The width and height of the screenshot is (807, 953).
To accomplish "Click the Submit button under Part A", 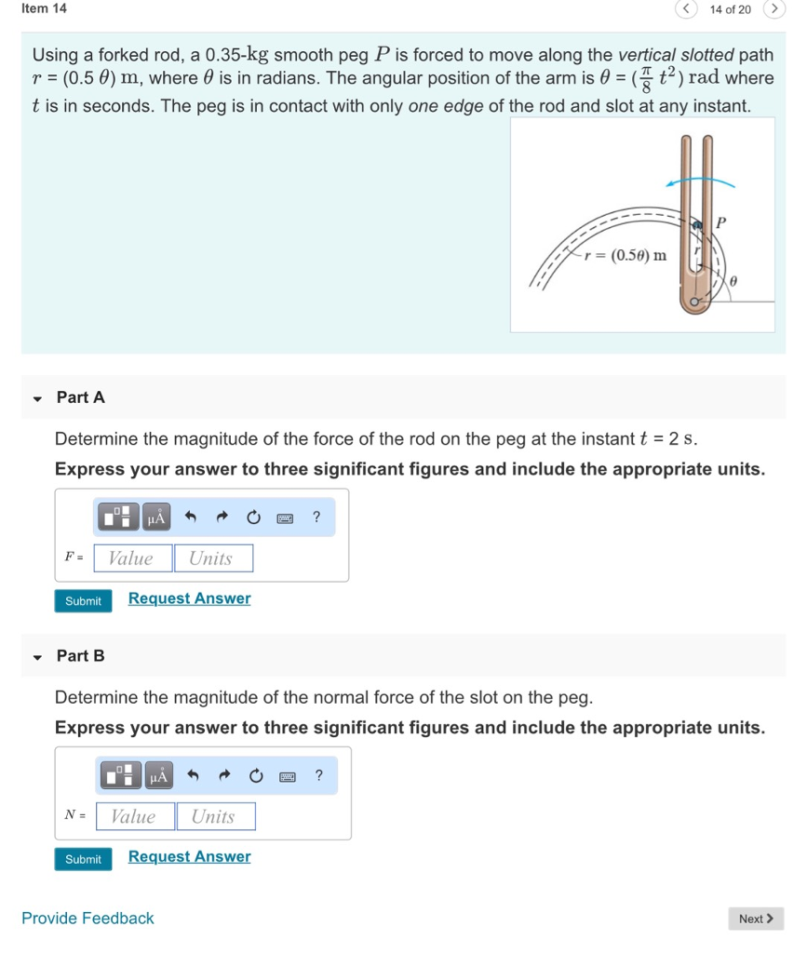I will [83, 601].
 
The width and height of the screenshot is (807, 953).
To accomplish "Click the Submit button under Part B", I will [83, 859].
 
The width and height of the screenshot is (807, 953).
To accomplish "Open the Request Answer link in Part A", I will [189, 598].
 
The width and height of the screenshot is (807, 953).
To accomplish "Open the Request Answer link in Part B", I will [189, 856].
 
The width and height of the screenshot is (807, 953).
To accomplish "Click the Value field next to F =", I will [132, 558].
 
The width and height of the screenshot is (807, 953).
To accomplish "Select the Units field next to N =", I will [215, 816].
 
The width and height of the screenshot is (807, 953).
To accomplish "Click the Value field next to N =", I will [135, 816].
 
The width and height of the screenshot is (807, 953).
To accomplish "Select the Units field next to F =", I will [212, 558].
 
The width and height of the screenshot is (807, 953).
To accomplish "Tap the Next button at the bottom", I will [755, 919].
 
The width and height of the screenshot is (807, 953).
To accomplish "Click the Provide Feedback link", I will [87, 919].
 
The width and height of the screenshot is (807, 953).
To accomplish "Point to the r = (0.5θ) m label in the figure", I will [625, 255].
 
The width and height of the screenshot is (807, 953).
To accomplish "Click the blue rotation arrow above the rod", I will [698, 181].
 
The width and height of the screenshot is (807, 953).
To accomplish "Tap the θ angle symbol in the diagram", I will [734, 278].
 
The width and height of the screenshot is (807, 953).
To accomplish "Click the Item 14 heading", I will [44, 8].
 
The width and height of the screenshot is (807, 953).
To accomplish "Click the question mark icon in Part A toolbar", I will [316, 517].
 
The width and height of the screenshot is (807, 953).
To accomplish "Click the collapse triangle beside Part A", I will [37, 398].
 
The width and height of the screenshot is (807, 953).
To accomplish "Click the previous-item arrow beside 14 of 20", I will [686, 9].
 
